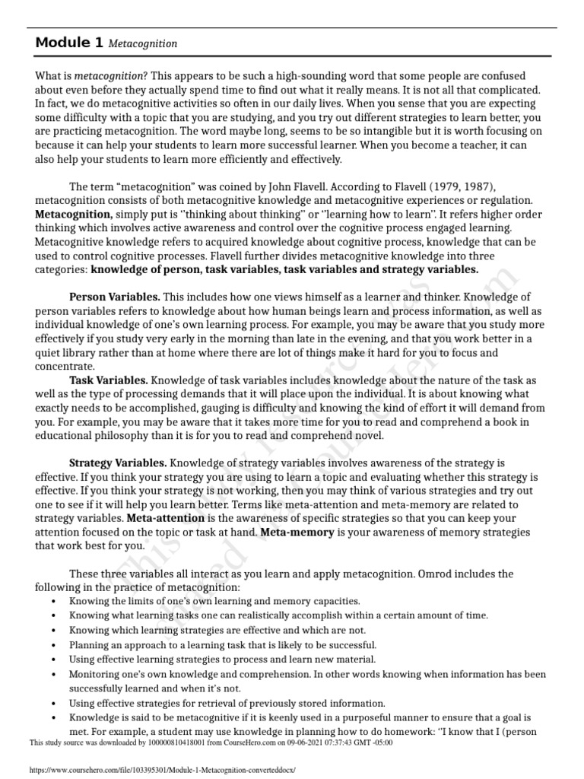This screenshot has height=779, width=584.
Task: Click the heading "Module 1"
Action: [68, 43]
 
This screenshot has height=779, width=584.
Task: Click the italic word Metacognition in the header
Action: [143, 44]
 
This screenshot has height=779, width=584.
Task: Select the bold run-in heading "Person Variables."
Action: [115, 297]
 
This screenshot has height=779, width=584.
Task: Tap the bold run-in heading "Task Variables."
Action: [109, 380]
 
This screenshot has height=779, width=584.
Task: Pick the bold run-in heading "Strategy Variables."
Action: [118, 463]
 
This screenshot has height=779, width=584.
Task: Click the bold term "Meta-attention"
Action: [170, 518]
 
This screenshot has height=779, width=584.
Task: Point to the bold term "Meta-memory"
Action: [297, 532]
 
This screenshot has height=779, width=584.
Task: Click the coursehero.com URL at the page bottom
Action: [160, 771]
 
